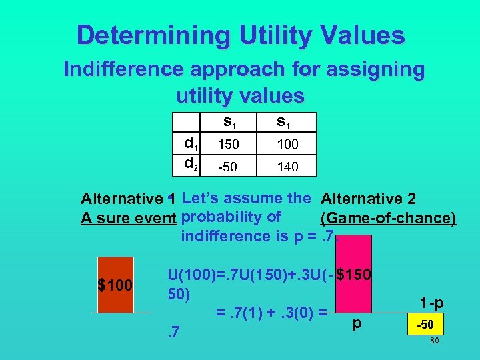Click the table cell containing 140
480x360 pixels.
pyautogui.click(x=287, y=166)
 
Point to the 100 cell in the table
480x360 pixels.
pyautogui.click(x=287, y=144)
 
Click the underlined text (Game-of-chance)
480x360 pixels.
pyautogui.click(x=388, y=218)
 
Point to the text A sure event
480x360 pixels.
pyautogui.click(x=129, y=218)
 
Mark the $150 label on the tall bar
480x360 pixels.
pyautogui.click(x=354, y=274)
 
